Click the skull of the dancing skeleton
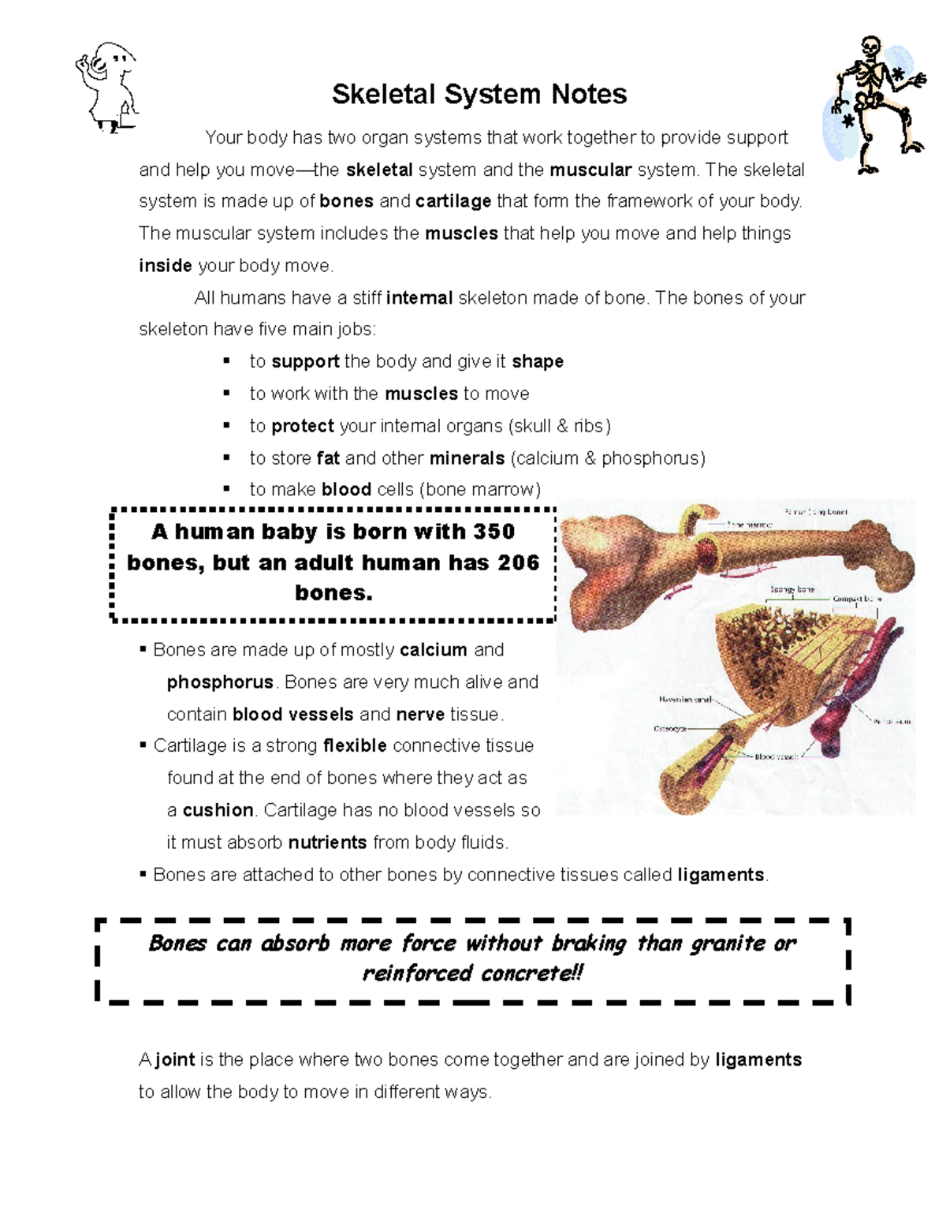point(870,47)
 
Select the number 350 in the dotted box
point(493,532)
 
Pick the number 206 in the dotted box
point(518,562)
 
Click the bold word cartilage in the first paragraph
point(453,201)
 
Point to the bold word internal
point(419,298)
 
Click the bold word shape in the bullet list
point(538,361)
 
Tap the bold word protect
point(303,426)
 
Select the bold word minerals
point(467,458)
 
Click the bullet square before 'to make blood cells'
point(227,489)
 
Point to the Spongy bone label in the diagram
point(791,589)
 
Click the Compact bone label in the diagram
point(857,599)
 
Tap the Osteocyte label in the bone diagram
point(670,729)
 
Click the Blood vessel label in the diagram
point(777,756)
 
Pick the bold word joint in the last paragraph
point(175,1059)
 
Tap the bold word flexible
point(355,746)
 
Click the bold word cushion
point(218,810)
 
